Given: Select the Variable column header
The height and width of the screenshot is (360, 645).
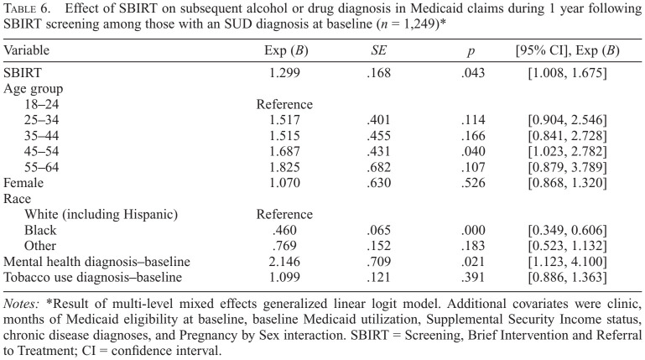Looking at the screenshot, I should click(x=29, y=50).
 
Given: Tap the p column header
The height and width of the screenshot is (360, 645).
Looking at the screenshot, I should click(x=471, y=51).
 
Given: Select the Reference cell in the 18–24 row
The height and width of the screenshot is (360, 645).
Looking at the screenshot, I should click(x=284, y=104).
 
